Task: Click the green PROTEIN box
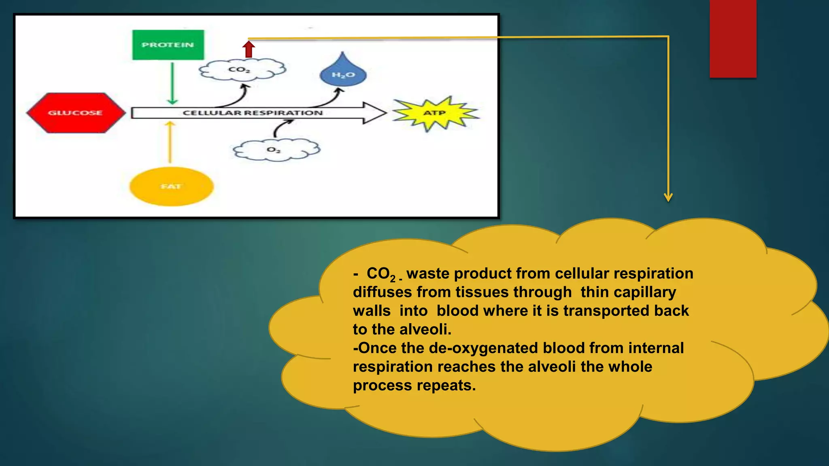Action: (168, 45)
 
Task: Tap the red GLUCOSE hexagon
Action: (76, 113)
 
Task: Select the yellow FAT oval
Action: (171, 186)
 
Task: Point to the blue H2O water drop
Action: (343, 73)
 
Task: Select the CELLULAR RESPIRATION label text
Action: (253, 113)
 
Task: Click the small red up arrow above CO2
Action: (249, 49)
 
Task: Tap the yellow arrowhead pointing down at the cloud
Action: (668, 197)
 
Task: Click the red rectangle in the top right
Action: (733, 38)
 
